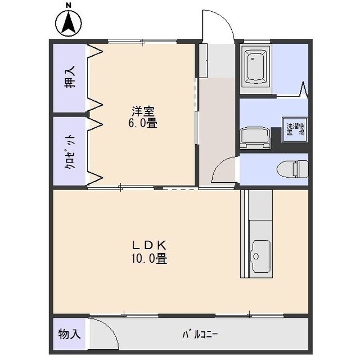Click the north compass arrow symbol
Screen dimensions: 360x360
tap(68, 23)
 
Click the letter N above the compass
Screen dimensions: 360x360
tap(68, 6)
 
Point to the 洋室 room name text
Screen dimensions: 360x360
tap(143, 111)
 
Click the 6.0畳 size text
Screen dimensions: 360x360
tap(143, 123)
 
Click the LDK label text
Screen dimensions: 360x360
tap(149, 246)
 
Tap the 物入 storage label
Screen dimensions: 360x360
tap(69, 334)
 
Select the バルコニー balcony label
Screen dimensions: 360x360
tap(200, 334)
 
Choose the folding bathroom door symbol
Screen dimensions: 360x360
tap(304, 90)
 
